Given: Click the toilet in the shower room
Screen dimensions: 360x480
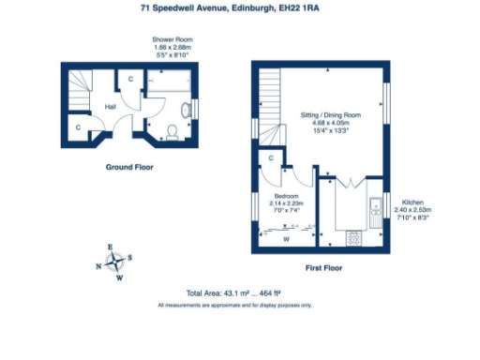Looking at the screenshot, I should tap(172, 129).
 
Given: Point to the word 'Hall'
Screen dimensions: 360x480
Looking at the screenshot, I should tap(110, 106).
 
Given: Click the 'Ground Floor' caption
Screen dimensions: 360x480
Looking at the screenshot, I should tap(129, 168).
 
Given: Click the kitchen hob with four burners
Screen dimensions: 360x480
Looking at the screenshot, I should tap(354, 238).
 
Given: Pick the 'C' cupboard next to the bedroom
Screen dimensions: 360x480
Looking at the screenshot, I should tap(270, 158).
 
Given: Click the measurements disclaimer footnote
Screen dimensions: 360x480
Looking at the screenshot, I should tap(234, 305).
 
